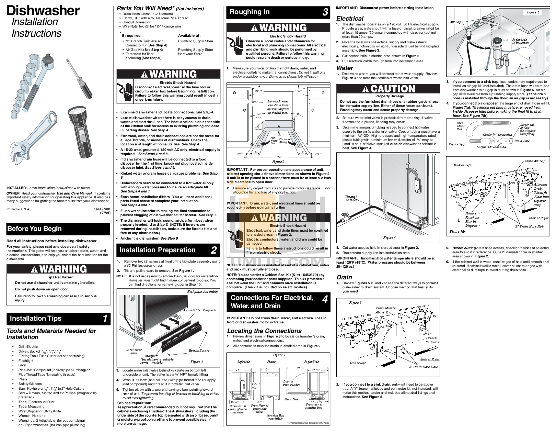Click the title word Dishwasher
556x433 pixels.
[43, 11]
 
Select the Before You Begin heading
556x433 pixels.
[34, 229]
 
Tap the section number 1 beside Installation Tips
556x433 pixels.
[105, 319]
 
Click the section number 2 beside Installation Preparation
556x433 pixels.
[214, 250]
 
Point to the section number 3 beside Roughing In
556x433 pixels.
[325, 12]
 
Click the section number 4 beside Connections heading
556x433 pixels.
[325, 299]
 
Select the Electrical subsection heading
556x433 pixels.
[350, 19]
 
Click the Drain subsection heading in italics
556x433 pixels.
[344, 277]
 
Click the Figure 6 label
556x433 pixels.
[533, 12]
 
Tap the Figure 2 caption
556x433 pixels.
[278, 162]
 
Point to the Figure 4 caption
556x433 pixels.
[389, 237]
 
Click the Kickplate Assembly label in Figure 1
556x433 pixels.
[202, 291]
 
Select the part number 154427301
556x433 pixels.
[102, 209]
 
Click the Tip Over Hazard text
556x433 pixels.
[60, 277]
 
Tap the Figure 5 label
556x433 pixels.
[355, 303]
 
